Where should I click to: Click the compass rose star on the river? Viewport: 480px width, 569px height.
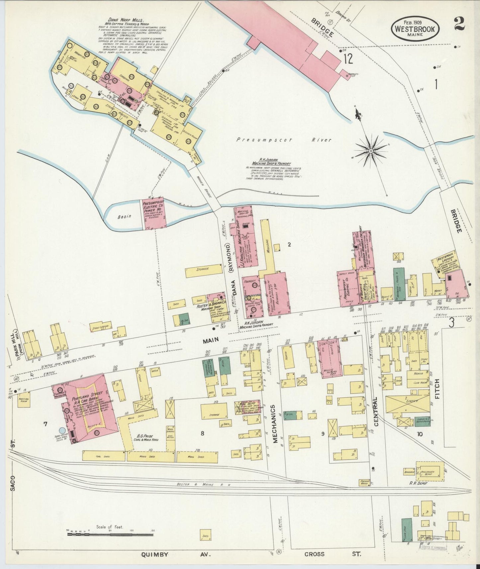371,151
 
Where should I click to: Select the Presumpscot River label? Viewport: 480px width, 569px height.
284,140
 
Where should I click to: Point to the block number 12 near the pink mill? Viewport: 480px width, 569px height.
348,59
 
